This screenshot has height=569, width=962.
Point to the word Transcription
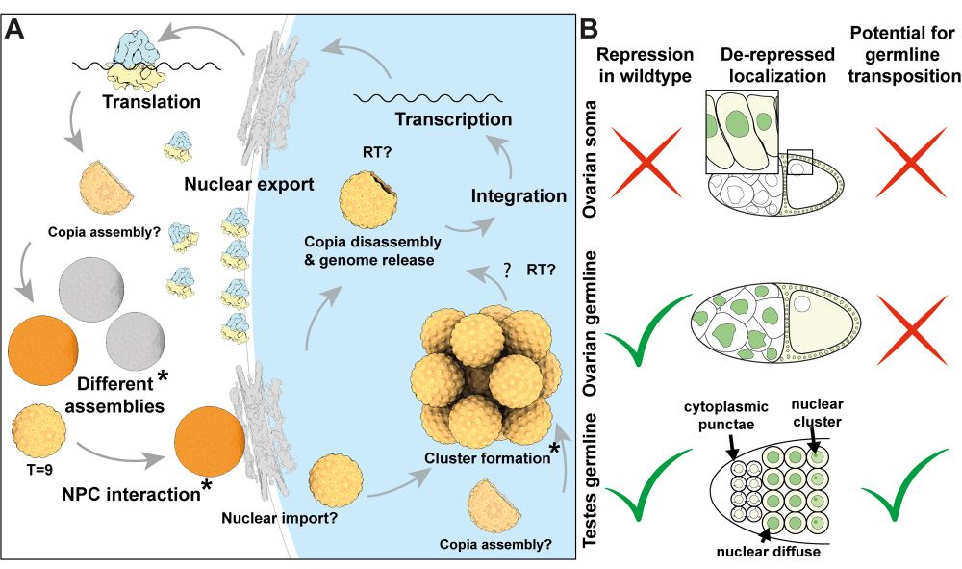454,120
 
